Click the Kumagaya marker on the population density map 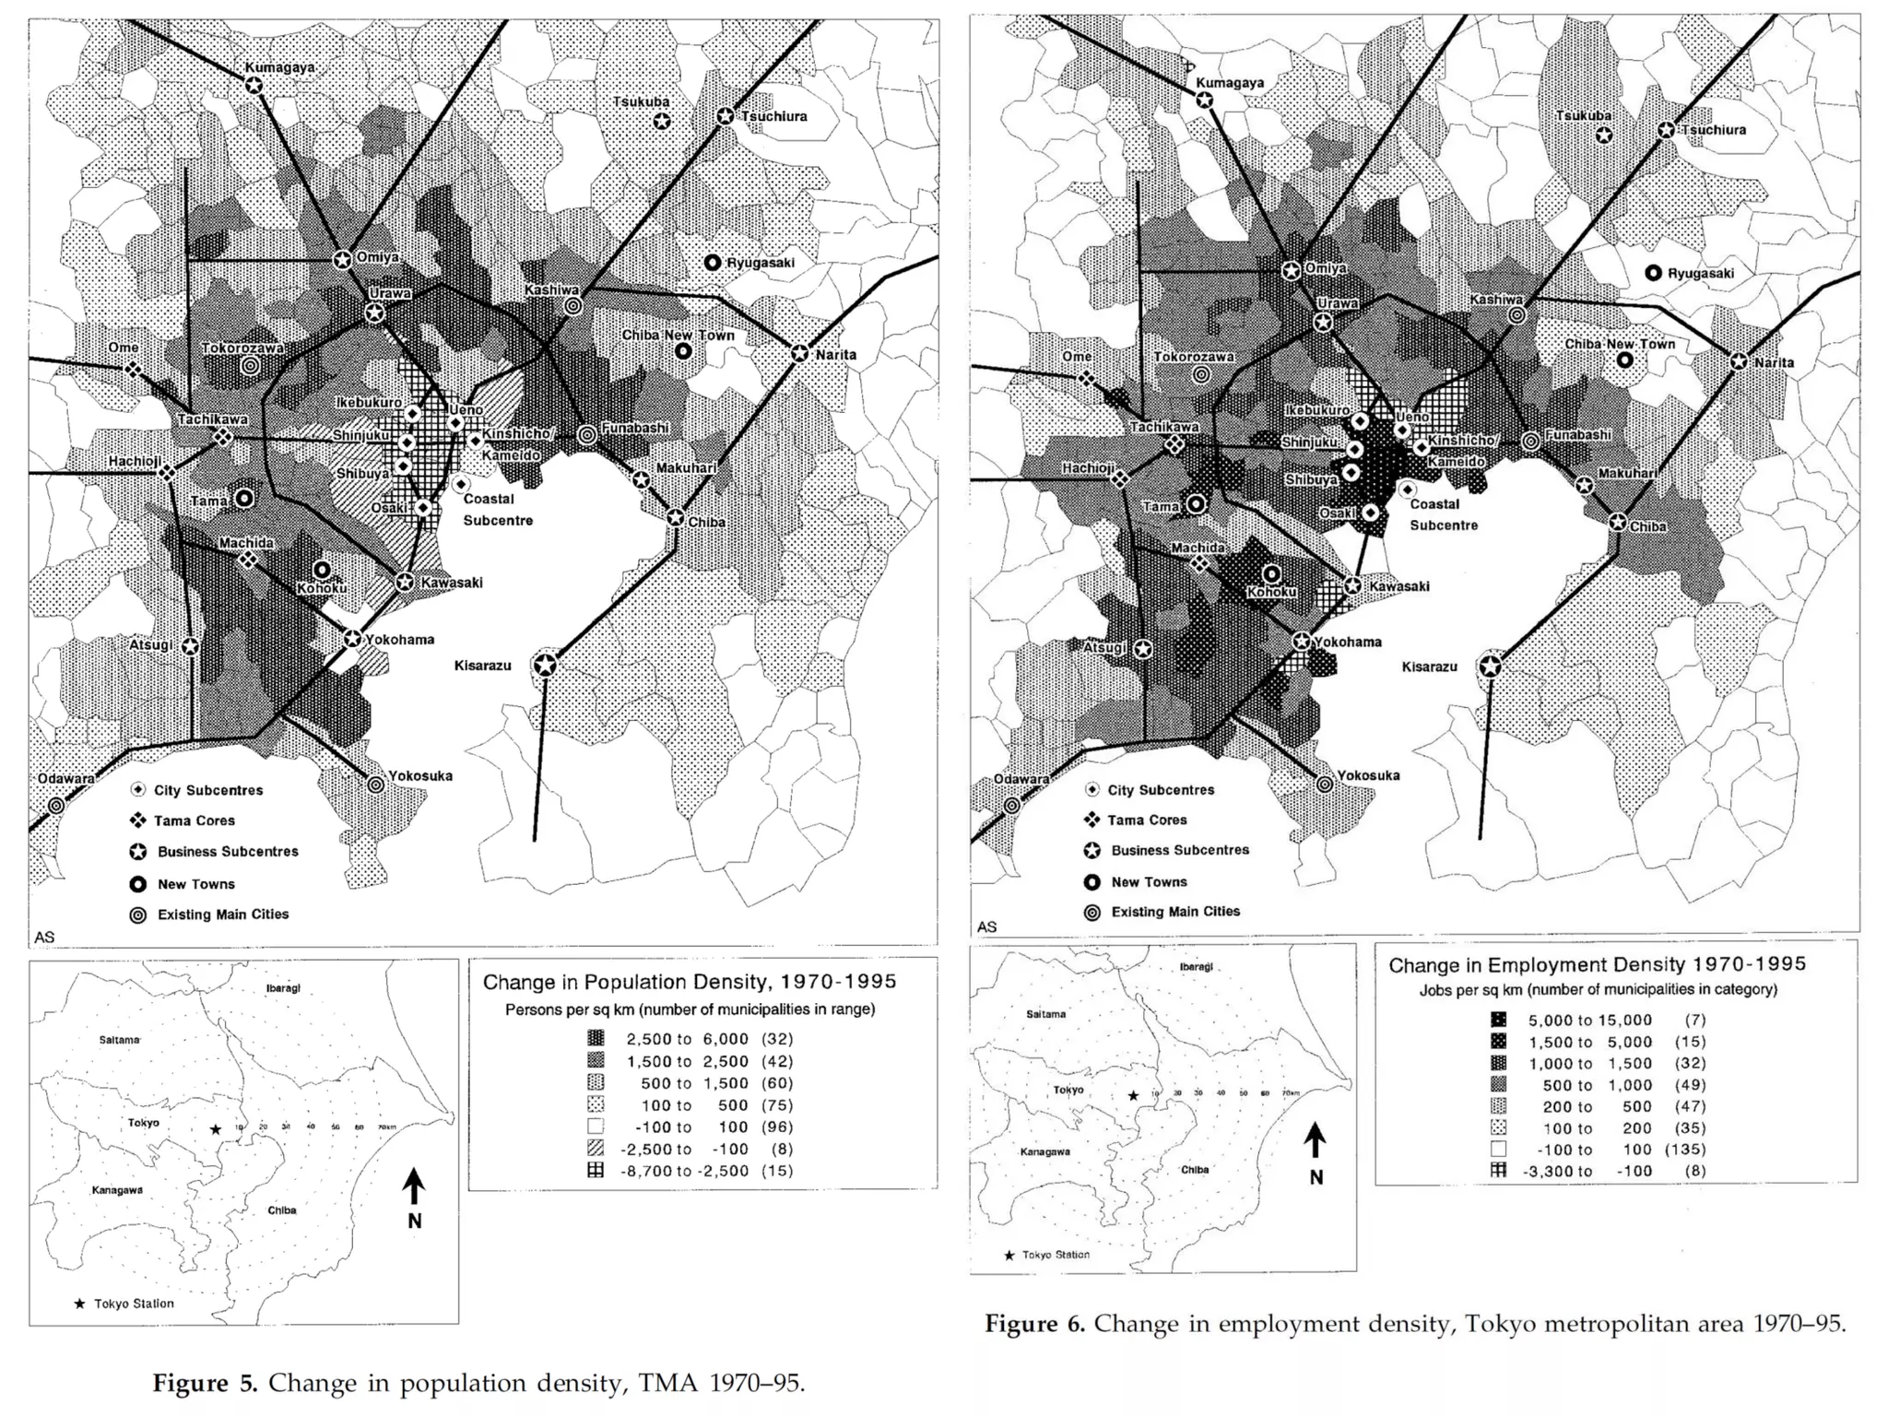click(x=254, y=85)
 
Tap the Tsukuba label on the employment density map click(x=1584, y=116)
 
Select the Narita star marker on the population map click(x=799, y=353)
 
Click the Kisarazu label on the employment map click(x=1429, y=667)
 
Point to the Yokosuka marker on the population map click(x=375, y=785)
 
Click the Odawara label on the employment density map click(x=1021, y=779)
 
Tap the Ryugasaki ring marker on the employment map click(x=1653, y=273)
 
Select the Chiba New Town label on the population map click(x=678, y=335)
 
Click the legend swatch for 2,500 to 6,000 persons click(x=596, y=1039)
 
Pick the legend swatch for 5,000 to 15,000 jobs click(x=1498, y=1020)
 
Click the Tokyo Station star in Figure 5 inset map click(x=216, y=1129)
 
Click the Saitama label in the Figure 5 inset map click(x=119, y=1040)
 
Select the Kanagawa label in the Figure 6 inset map click(x=1044, y=1151)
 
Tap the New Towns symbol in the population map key click(x=138, y=884)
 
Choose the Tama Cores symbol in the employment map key click(x=1092, y=820)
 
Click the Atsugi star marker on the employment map click(x=1143, y=649)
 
